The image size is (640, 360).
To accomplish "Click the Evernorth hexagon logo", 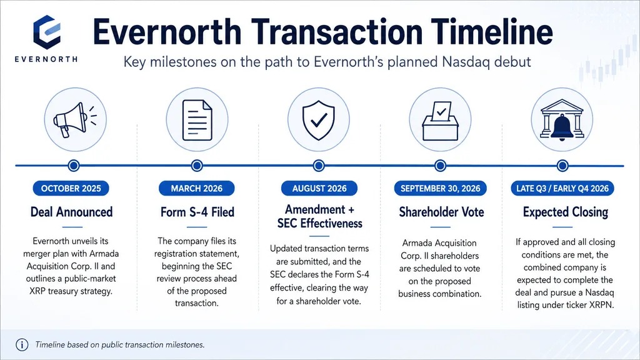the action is tap(47, 32).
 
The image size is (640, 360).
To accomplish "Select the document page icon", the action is tap(197, 120).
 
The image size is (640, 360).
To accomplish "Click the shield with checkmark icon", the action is tap(318, 120).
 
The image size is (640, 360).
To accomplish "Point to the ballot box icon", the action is tap(440, 121).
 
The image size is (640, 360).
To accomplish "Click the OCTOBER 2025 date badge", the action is tap(71, 189).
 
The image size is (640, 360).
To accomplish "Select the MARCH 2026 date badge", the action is tap(197, 189).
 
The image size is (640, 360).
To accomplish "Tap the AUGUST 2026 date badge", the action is tap(319, 189).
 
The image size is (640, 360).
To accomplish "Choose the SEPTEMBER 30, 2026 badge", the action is tap(441, 189).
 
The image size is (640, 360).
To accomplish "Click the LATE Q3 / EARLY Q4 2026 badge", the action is tap(562, 189).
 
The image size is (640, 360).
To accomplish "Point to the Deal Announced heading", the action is tap(71, 212).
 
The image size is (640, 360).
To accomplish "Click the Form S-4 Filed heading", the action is tap(197, 212).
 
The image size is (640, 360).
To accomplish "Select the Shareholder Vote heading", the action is tap(441, 212).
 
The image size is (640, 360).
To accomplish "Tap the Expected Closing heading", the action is tap(565, 212).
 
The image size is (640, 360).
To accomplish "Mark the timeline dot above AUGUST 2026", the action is tap(319, 166).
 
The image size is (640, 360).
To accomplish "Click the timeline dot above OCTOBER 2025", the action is tap(74, 166).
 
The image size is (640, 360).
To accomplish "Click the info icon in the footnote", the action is tap(22, 345).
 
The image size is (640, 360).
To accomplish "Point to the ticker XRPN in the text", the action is tap(601, 305).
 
